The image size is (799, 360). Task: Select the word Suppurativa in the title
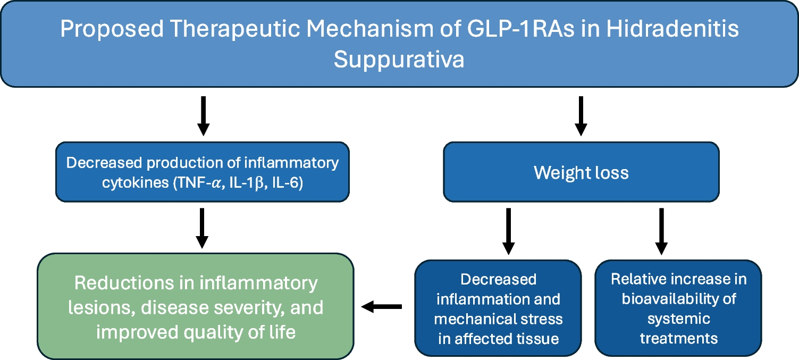click(x=399, y=60)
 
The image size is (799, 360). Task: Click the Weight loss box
click(x=581, y=172)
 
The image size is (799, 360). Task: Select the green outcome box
click(x=195, y=307)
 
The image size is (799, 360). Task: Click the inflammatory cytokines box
click(x=202, y=172)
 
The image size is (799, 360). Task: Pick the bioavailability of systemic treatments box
click(x=678, y=308)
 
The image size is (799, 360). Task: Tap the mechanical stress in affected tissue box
click(x=498, y=308)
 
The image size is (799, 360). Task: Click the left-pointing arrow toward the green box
click(x=382, y=306)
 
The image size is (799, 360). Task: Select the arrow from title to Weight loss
click(x=581, y=115)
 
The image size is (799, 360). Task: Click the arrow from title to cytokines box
click(x=203, y=115)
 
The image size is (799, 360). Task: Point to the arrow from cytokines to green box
click(x=202, y=228)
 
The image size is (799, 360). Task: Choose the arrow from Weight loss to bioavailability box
click(x=661, y=231)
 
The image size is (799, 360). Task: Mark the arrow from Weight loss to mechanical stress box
click(x=508, y=231)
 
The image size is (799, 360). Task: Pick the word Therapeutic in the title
click(x=222, y=29)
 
